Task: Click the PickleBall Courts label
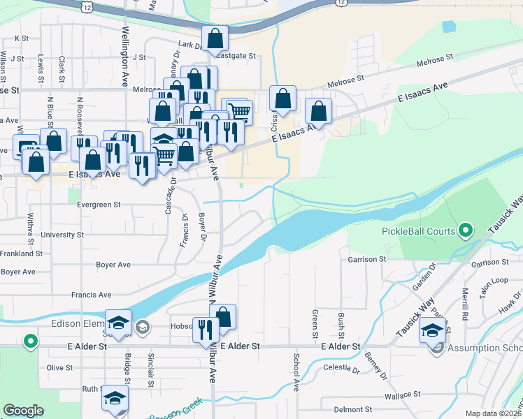coord(418,231)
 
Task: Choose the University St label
coord(63,235)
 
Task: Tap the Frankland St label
coord(22,253)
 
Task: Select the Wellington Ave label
coord(127,47)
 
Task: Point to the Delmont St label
coord(353,409)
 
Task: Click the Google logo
coord(23,411)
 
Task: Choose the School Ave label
coord(296,372)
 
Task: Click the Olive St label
coord(59,367)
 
